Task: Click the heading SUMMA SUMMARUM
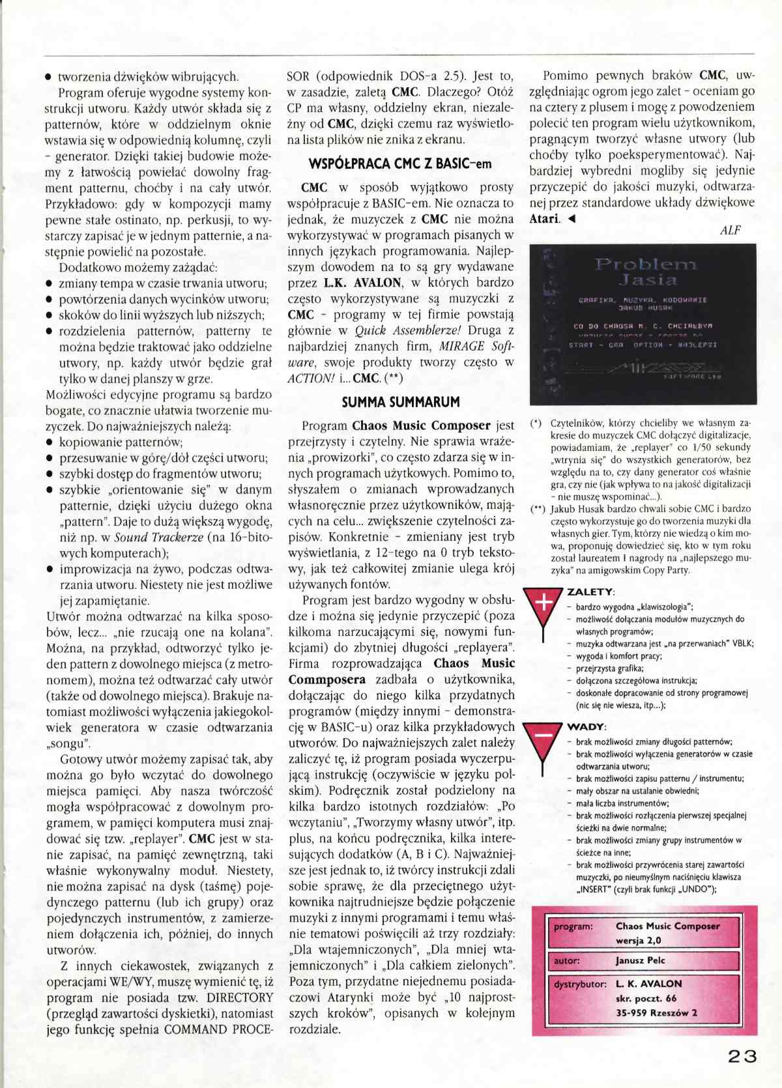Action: [x=400, y=402]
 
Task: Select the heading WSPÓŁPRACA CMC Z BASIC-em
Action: [x=400, y=164]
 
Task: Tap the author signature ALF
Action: [x=731, y=231]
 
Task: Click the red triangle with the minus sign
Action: [x=543, y=741]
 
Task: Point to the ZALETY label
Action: [x=590, y=592]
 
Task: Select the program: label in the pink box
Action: [x=573, y=926]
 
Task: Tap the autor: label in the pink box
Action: [x=567, y=960]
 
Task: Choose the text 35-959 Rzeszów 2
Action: [x=656, y=1012]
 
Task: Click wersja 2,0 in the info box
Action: [x=638, y=940]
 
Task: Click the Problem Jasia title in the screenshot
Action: [x=646, y=272]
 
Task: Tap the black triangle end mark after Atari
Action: [x=572, y=219]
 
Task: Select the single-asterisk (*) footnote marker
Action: [x=536, y=423]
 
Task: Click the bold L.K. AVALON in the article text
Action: [x=362, y=283]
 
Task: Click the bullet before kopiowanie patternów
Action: [x=50, y=442]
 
